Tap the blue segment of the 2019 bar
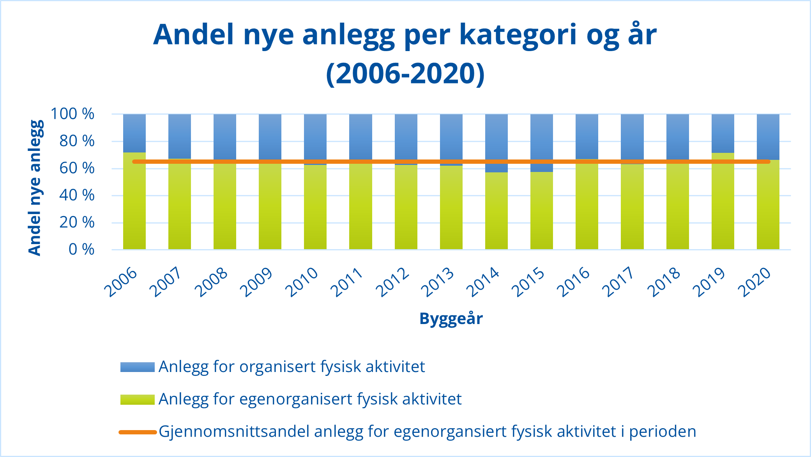[x=723, y=133]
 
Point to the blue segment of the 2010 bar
[x=315, y=136]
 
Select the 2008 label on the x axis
[x=211, y=282]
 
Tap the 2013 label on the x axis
[x=438, y=282]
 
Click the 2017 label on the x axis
[x=619, y=282]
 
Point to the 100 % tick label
[x=72, y=114]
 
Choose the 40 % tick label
[x=77, y=195]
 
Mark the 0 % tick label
[x=81, y=250]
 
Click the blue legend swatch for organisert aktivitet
[x=137, y=367]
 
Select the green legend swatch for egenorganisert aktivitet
[x=137, y=399]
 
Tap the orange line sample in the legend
[x=137, y=432]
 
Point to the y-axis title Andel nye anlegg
[x=35, y=188]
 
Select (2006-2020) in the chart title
[x=405, y=73]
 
